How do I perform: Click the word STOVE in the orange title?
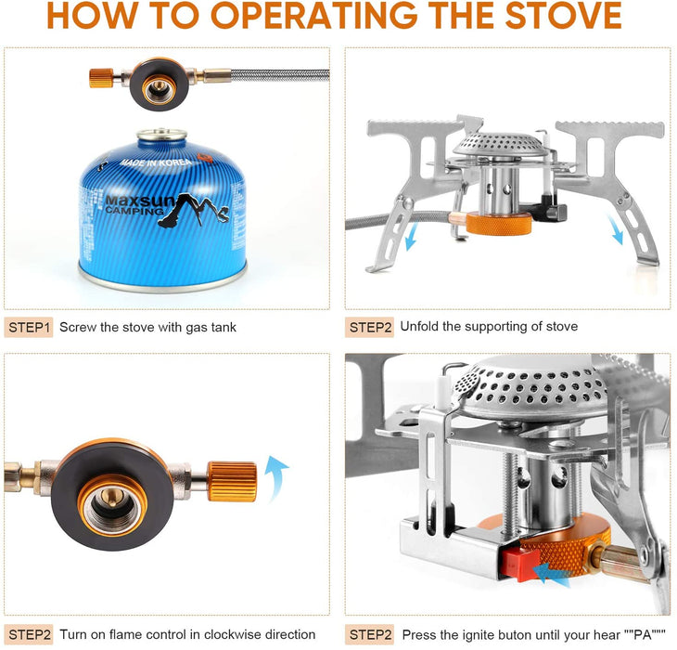(x=563, y=16)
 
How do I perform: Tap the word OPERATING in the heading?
(x=314, y=16)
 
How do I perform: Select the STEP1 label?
(x=29, y=327)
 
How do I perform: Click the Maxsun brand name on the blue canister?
(x=140, y=201)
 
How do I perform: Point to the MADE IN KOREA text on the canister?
(x=156, y=162)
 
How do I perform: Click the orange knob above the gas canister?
(x=101, y=78)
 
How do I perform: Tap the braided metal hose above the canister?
(x=280, y=75)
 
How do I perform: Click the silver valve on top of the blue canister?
(x=162, y=135)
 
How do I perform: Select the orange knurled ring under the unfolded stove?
(x=499, y=223)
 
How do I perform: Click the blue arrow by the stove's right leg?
(x=615, y=229)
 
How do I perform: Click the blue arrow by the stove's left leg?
(x=412, y=236)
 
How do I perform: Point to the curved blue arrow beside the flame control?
(x=275, y=477)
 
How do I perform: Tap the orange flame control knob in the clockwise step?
(x=232, y=481)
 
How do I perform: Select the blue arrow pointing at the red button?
(x=553, y=575)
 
